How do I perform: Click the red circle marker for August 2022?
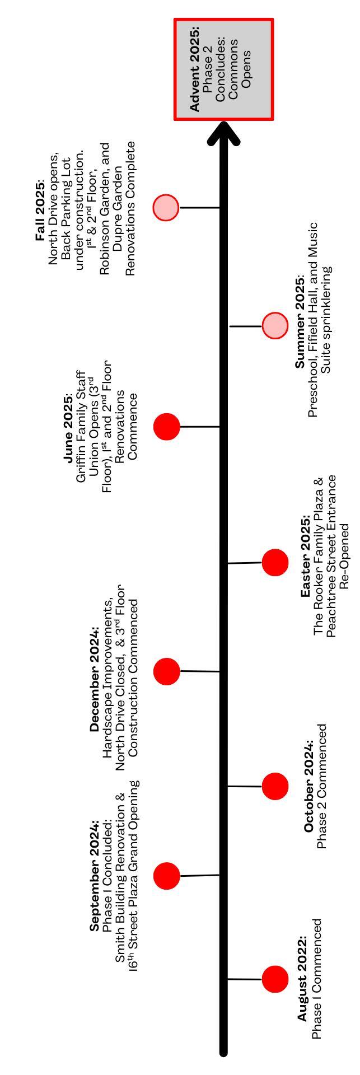275,979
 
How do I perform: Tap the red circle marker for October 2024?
275,786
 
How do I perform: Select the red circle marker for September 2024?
167,876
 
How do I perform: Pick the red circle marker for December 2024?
167,671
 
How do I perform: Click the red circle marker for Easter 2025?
275,562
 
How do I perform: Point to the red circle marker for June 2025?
167,427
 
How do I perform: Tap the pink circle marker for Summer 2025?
275,325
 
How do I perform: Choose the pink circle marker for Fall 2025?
166,208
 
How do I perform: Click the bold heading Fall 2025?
40,211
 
